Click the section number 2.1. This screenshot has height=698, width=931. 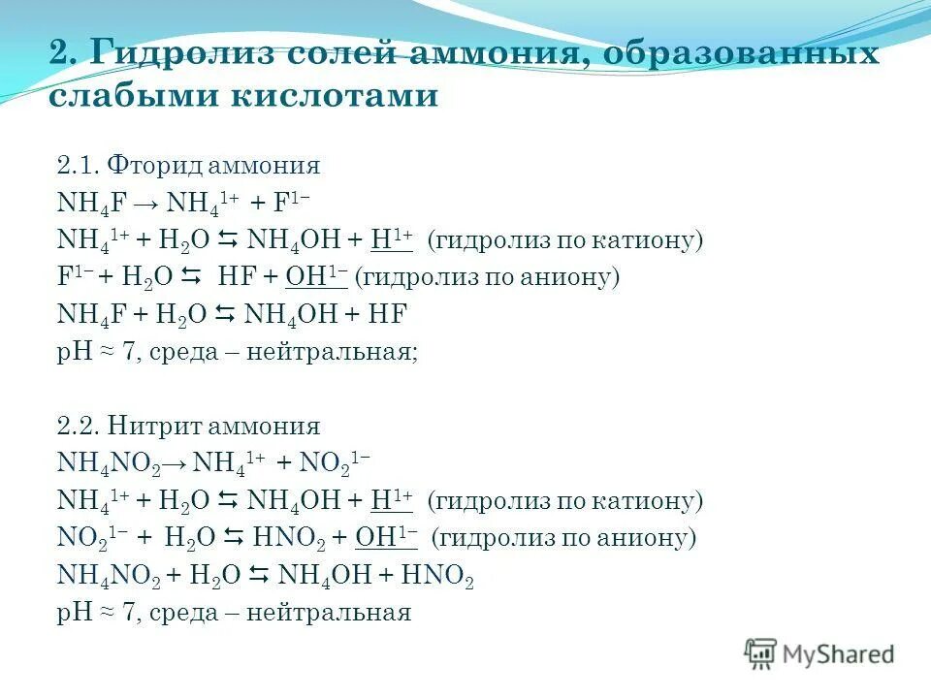[79, 166]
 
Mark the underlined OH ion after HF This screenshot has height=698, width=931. [316, 277]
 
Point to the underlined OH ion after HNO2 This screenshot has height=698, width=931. [386, 538]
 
